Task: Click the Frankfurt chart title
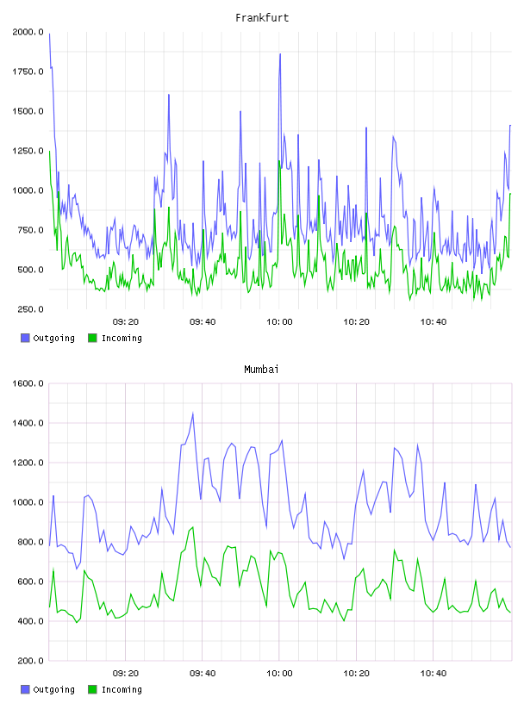262,18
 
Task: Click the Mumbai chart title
261,370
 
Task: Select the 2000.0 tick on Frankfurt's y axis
28,32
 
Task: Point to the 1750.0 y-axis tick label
28,72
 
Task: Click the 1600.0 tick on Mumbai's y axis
28,383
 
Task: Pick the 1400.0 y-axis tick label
28,423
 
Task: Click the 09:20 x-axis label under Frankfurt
126,322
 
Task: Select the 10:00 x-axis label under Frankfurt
279,322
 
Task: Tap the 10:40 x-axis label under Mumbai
434,674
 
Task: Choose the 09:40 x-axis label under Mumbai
203,674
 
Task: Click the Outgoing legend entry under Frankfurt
48,338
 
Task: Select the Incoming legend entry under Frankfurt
115,338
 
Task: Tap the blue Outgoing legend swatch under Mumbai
25,689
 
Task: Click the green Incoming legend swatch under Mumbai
92,689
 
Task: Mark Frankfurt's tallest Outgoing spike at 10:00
280,53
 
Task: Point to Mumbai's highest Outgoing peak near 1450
193,414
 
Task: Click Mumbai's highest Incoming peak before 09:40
193,527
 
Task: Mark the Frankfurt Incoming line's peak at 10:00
279,160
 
